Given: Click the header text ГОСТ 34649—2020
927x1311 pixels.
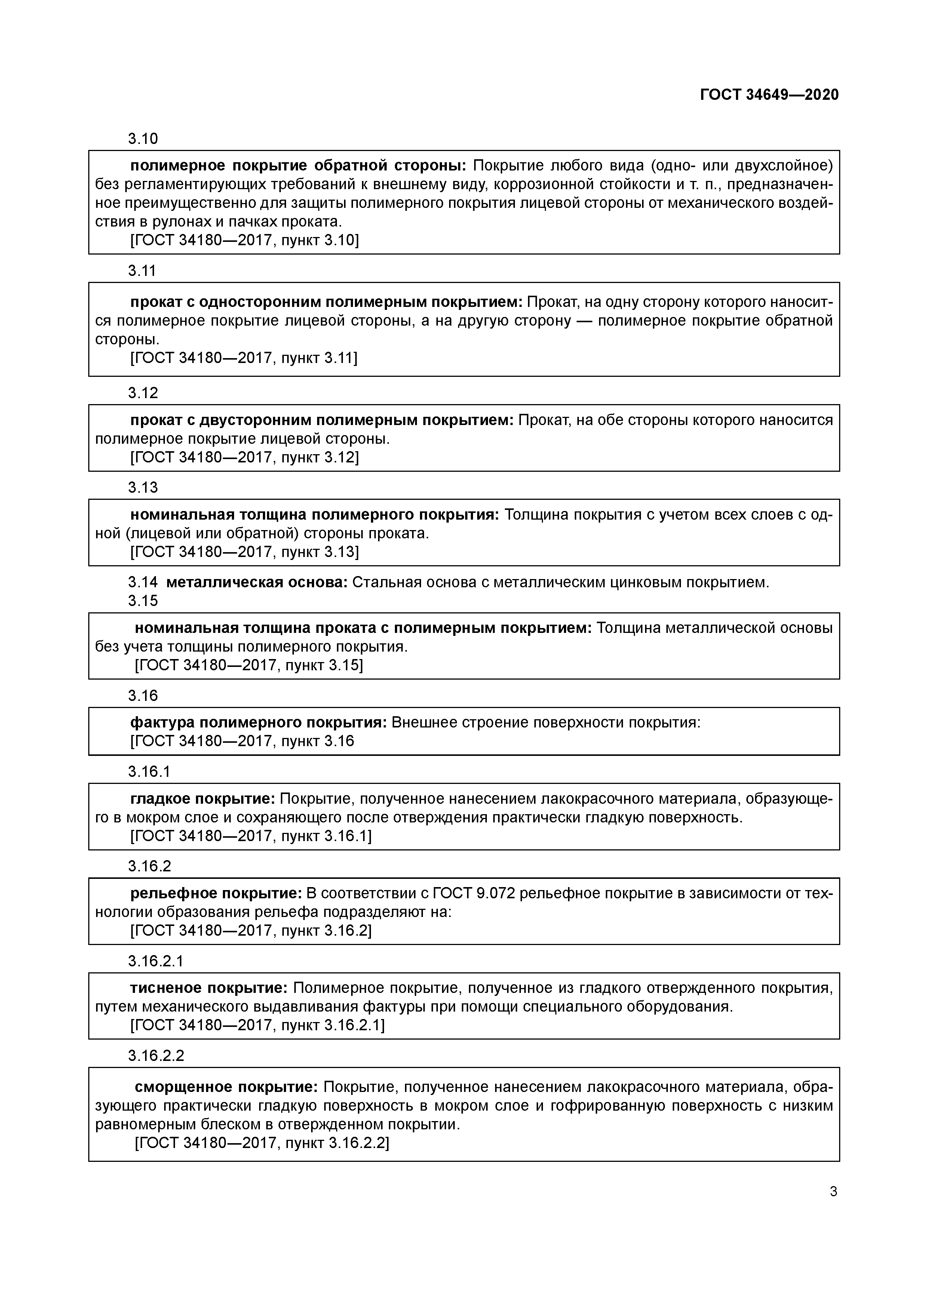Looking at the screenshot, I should [769, 95].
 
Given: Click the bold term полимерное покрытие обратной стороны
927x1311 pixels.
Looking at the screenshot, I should [298, 166].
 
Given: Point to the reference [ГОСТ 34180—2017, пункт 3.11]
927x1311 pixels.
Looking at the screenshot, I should [244, 358].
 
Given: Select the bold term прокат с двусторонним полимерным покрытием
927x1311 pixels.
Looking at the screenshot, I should [322, 420].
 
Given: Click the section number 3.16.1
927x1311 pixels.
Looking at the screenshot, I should [148, 772].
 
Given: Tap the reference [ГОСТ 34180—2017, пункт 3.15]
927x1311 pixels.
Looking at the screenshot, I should [248, 665].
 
